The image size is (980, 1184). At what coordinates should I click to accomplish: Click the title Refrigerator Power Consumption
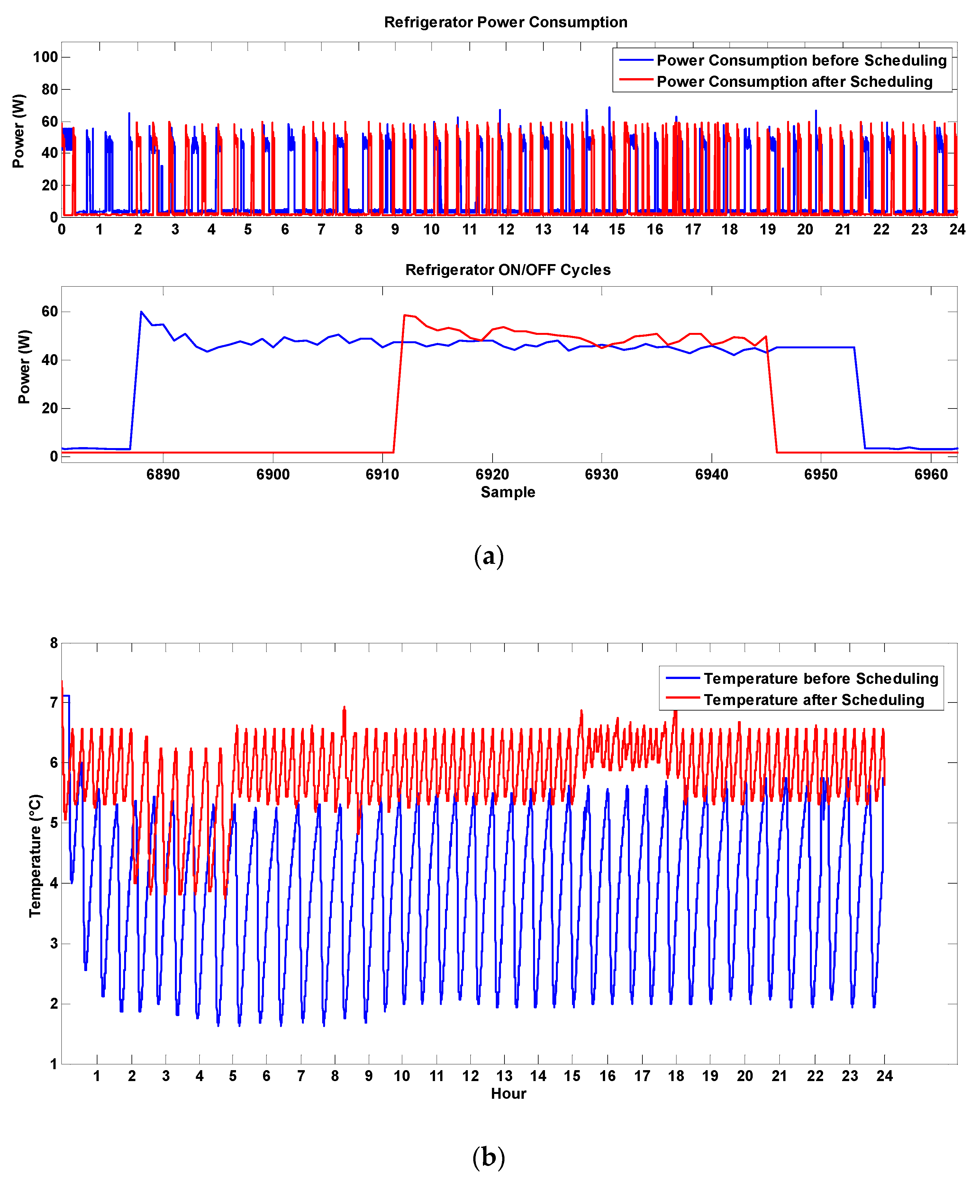coord(505,22)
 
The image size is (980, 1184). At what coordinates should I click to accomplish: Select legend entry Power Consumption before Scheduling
coord(801,60)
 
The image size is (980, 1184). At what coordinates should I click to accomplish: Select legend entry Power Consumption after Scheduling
coord(794,82)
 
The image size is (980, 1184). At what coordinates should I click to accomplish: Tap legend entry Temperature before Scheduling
coord(821,678)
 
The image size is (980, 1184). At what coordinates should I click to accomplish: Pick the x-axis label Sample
coord(508,492)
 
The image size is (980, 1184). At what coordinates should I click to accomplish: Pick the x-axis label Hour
coord(508,1094)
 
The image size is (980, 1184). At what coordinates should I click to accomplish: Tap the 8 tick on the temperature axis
coord(54,643)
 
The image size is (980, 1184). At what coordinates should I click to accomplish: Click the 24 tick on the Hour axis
coord(884,1076)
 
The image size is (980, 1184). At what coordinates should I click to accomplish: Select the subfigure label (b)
coord(489,1158)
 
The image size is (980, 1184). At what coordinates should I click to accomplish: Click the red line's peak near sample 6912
coord(404,315)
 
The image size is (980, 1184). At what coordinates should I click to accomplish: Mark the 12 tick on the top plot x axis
coord(506,229)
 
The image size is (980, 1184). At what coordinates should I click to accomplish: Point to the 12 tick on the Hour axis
coord(471,1076)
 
